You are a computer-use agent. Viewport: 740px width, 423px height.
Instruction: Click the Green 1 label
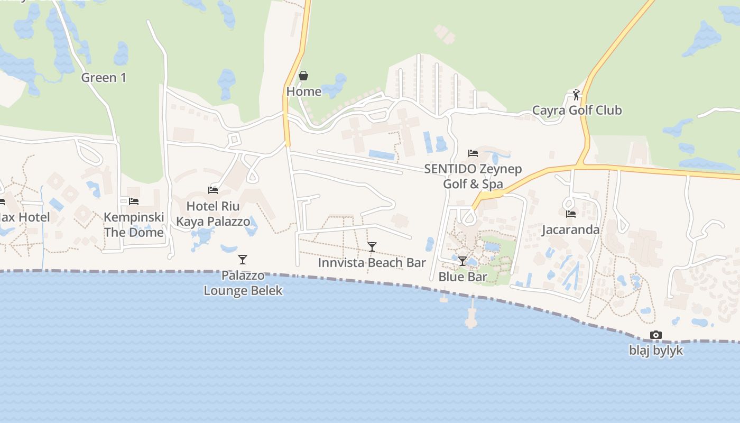[x=104, y=78]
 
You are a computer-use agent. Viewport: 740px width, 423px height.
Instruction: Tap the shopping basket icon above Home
[x=303, y=76]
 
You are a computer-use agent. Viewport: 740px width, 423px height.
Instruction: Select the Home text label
[x=304, y=91]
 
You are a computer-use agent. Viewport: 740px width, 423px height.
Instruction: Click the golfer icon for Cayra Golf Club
[x=576, y=95]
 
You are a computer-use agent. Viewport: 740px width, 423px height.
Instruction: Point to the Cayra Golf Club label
[x=577, y=111]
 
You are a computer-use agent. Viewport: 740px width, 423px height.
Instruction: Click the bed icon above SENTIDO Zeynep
[x=473, y=153]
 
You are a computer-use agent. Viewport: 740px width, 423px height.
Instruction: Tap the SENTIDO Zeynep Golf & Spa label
[x=473, y=177]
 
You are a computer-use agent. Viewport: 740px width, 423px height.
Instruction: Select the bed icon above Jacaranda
[x=571, y=214]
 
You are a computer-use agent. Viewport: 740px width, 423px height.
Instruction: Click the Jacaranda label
[x=571, y=229]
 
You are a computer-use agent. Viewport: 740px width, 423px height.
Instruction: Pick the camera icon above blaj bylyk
[x=656, y=335]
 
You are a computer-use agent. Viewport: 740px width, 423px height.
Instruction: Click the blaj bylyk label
[x=656, y=351]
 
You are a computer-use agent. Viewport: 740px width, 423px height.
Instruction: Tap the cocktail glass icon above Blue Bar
[x=462, y=261]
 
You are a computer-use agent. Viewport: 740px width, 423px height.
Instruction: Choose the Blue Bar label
[x=463, y=277]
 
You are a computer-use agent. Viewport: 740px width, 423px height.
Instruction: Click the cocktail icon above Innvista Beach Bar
[x=372, y=247]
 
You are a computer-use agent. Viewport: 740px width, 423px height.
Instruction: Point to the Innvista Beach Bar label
[x=372, y=263]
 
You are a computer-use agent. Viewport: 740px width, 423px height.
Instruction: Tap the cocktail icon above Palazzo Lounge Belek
[x=243, y=260]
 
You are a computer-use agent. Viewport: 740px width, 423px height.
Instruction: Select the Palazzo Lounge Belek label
[x=243, y=283]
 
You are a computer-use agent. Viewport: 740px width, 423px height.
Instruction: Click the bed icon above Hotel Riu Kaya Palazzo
[x=213, y=190]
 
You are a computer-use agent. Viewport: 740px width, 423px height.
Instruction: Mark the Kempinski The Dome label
[x=134, y=225]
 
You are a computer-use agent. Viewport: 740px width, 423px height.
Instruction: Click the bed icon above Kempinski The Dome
[x=134, y=201]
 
